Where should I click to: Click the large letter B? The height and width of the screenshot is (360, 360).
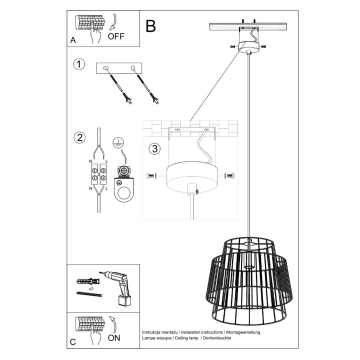[150, 25]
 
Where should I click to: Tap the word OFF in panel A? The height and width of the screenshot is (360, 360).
[116, 36]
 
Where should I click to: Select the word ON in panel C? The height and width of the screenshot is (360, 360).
[114, 338]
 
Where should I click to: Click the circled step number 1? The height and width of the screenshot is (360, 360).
[78, 64]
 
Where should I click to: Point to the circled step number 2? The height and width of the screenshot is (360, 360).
[78, 137]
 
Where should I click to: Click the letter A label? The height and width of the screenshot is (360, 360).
[73, 41]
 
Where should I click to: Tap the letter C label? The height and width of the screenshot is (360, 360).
[73, 342]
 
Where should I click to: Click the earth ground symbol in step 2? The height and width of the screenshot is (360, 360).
[117, 143]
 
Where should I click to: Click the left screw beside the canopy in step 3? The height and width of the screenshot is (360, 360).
[151, 176]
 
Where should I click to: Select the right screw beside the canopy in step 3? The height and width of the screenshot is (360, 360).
[230, 175]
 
